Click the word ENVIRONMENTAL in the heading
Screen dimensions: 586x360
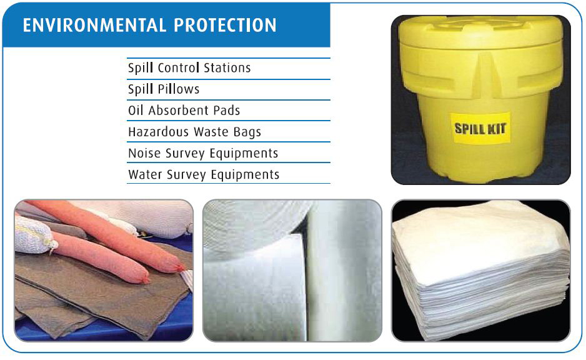coord(94,26)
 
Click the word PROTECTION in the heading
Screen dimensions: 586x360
coord(225,26)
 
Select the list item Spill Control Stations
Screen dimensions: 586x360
coord(189,68)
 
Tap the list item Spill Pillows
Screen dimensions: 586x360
coord(163,89)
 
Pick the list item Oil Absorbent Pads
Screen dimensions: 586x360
coord(184,111)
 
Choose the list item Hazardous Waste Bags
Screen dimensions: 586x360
coord(194,132)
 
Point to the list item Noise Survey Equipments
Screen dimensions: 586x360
coord(203,153)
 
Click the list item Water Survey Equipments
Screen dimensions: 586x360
coord(204,174)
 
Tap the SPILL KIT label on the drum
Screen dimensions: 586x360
coord(480,128)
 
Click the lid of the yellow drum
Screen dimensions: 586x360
coord(480,32)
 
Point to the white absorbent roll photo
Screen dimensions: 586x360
coord(292,271)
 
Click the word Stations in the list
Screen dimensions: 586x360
coord(227,68)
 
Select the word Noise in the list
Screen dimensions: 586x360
coord(144,153)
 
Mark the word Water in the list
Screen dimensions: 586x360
coord(145,174)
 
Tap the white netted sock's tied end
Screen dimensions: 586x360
coord(54,245)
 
